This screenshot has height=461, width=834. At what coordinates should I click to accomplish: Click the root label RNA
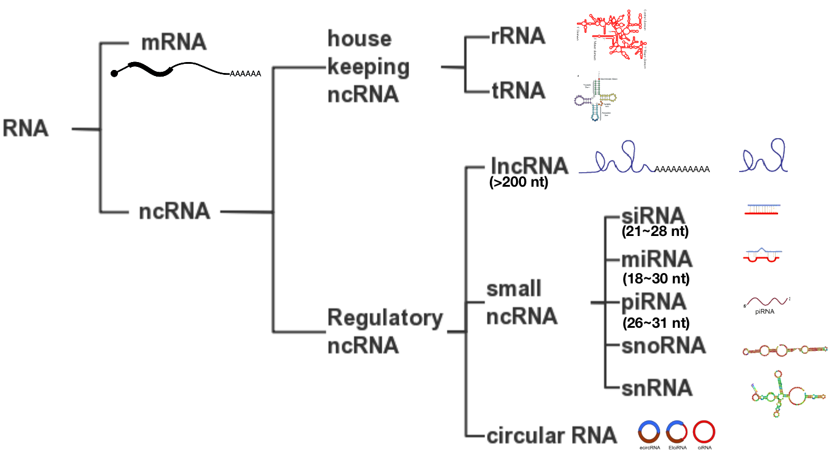click(x=26, y=129)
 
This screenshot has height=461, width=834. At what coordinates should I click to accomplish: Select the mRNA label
click(x=173, y=43)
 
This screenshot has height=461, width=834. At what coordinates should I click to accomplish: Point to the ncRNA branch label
click(x=174, y=212)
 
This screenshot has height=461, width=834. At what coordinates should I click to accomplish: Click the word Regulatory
click(x=385, y=317)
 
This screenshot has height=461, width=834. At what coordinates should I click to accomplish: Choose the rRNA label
click(x=518, y=36)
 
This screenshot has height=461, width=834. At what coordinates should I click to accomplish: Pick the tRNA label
click(x=518, y=91)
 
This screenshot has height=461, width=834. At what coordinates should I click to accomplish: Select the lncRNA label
click(x=529, y=166)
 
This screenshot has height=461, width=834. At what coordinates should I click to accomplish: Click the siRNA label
click(x=653, y=216)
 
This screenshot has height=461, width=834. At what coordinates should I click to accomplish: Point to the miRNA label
click(x=657, y=259)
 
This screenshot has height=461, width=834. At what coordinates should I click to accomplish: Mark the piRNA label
click(x=653, y=302)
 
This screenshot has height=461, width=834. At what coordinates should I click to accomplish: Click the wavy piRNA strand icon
click(x=767, y=301)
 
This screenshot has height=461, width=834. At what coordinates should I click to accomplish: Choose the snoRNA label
click(x=663, y=345)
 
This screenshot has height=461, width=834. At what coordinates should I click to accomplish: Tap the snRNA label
click(x=657, y=388)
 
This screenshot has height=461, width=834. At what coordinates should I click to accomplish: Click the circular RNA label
click(x=551, y=435)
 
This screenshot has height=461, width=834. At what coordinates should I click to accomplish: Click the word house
click(x=359, y=39)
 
